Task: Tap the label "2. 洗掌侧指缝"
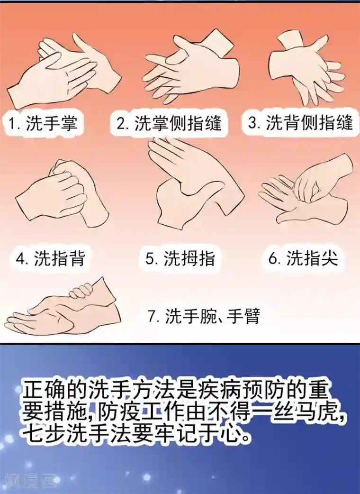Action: tap(169, 124)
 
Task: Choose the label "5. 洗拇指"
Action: tap(180, 259)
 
